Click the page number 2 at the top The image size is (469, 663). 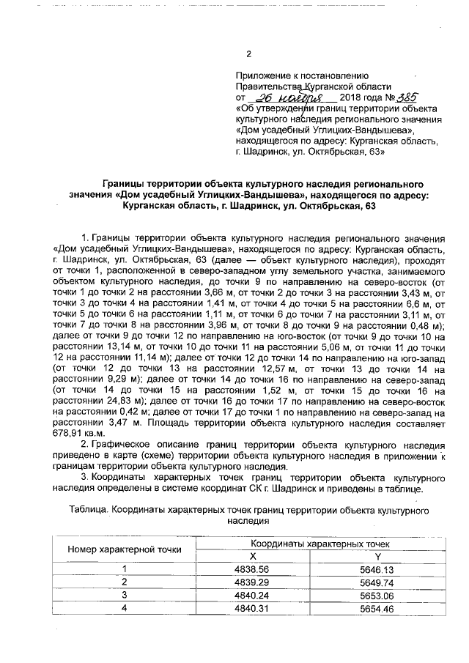pos(248,53)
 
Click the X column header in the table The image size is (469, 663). pos(253,555)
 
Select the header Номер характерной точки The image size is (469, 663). pos(119,549)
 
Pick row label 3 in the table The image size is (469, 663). pos(125,595)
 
